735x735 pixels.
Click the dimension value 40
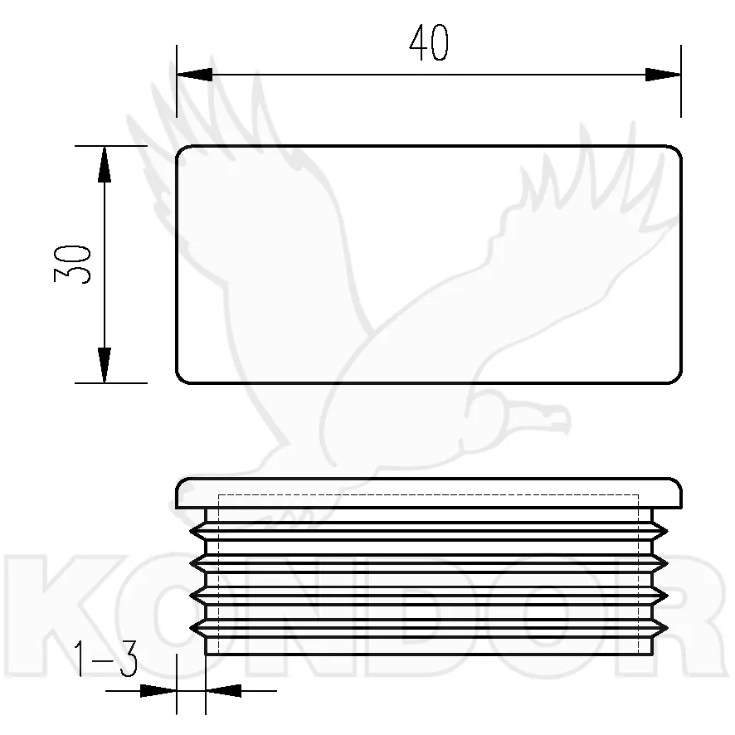pos(429,43)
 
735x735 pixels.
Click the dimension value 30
pos(72,264)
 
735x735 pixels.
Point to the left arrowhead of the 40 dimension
pos(194,75)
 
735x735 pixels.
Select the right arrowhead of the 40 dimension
pos(663,75)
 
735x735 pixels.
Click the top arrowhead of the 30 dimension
pos(104,164)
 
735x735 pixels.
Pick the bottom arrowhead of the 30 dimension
pos(104,366)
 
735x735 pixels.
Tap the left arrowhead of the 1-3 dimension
pos(158,690)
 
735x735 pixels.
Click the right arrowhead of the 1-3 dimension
pos(223,690)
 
